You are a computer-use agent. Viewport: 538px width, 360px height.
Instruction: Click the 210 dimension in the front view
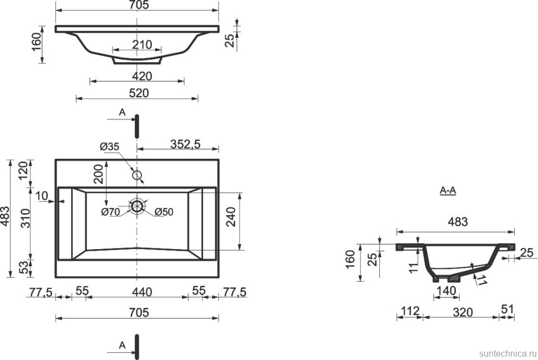point(142,44)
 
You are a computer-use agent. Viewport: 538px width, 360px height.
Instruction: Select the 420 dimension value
point(142,76)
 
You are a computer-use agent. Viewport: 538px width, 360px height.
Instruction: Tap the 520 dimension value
point(139,93)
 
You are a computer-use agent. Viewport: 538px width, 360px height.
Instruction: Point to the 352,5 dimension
point(185,144)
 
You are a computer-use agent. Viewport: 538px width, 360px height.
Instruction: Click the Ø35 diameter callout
point(109,146)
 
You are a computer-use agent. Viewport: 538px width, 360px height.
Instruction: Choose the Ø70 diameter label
point(111,212)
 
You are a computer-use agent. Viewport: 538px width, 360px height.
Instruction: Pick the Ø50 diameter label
point(164,212)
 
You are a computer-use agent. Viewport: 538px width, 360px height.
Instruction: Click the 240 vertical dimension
point(232,216)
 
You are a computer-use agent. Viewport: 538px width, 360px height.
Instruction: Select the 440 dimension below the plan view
point(142,292)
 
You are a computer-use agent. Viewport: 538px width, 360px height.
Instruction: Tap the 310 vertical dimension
point(26,218)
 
